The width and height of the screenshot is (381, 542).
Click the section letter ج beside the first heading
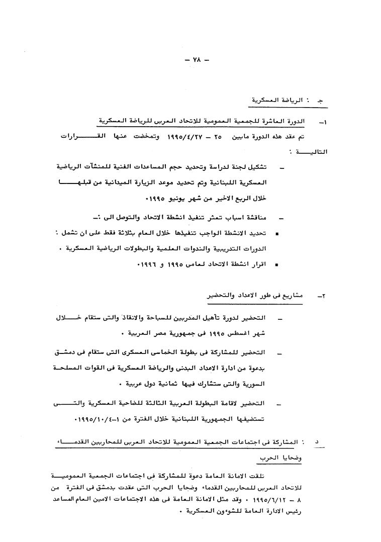coord(320,101)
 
